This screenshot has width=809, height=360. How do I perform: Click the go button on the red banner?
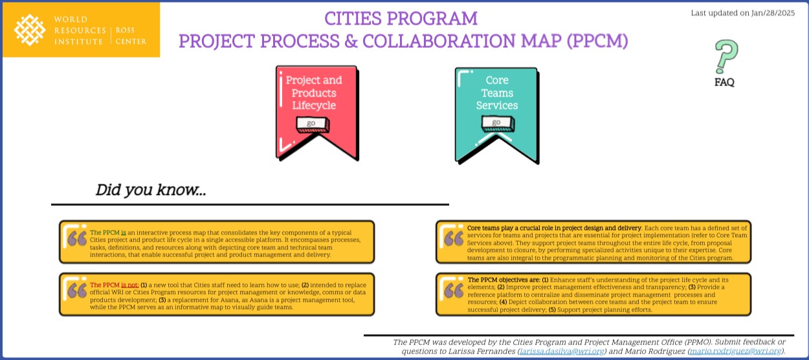click(x=312, y=124)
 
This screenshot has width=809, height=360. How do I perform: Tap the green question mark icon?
click(x=726, y=56)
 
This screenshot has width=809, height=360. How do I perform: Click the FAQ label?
click(x=724, y=82)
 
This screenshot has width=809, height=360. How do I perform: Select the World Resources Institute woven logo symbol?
click(x=30, y=30)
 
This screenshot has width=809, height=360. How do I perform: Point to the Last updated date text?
click(x=742, y=13)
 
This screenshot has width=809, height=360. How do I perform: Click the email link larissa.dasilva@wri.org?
click(x=562, y=352)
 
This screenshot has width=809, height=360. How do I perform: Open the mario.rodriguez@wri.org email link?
click(x=736, y=352)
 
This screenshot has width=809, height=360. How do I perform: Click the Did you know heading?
click(x=151, y=190)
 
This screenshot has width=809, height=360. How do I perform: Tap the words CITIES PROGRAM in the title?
click(x=401, y=18)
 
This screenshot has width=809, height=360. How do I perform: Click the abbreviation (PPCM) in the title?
click(x=597, y=41)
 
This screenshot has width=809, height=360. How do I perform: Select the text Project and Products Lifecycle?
click(x=314, y=93)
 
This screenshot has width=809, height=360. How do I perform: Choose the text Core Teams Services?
click(x=497, y=93)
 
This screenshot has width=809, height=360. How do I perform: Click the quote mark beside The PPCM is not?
click(x=77, y=291)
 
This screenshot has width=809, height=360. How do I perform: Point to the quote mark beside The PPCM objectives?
click(x=454, y=291)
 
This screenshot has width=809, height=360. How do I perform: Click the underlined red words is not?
click(x=129, y=285)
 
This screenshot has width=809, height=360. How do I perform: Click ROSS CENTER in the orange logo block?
click(x=131, y=36)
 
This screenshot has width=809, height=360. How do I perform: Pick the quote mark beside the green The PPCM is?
click(x=77, y=238)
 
